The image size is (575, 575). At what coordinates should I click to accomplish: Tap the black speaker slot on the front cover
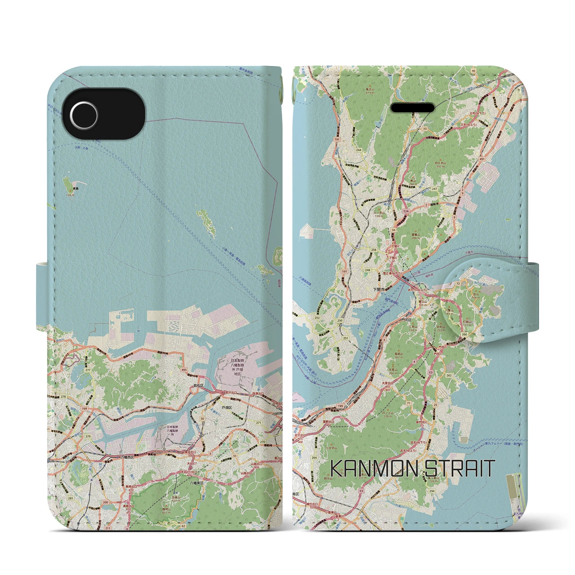click(x=413, y=108)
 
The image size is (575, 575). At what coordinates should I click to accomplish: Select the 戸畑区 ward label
click(x=226, y=407)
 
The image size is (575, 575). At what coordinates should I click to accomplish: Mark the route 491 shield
click(x=482, y=159)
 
